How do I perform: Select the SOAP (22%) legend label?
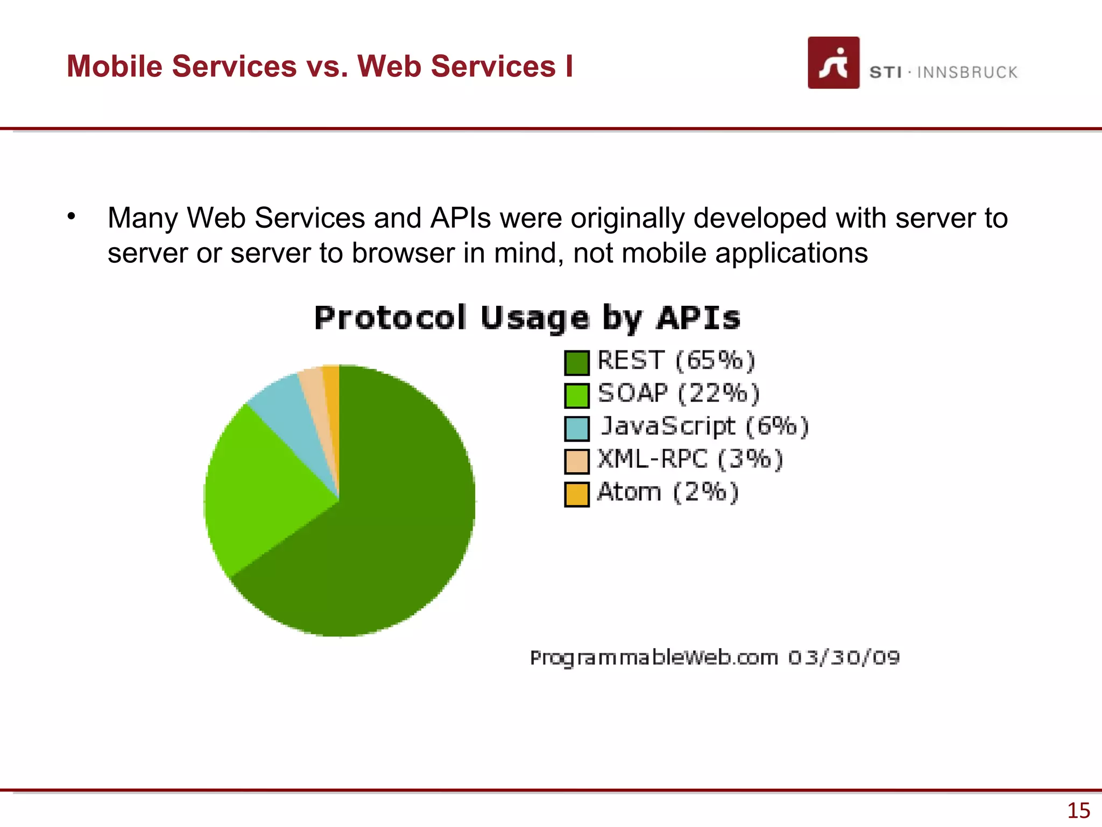679,394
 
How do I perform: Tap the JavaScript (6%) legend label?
704,426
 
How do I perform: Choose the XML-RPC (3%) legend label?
690,459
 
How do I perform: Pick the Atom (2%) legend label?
668,492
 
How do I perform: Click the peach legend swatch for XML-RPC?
577,461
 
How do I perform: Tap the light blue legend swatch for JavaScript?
577,429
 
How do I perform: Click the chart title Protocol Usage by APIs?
527,318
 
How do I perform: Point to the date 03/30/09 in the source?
844,657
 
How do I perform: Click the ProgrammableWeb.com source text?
654,657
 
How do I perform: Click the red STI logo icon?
833,62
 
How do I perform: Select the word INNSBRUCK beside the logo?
967,72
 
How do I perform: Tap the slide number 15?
1078,810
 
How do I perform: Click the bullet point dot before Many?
72,217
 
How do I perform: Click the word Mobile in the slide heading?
114,66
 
